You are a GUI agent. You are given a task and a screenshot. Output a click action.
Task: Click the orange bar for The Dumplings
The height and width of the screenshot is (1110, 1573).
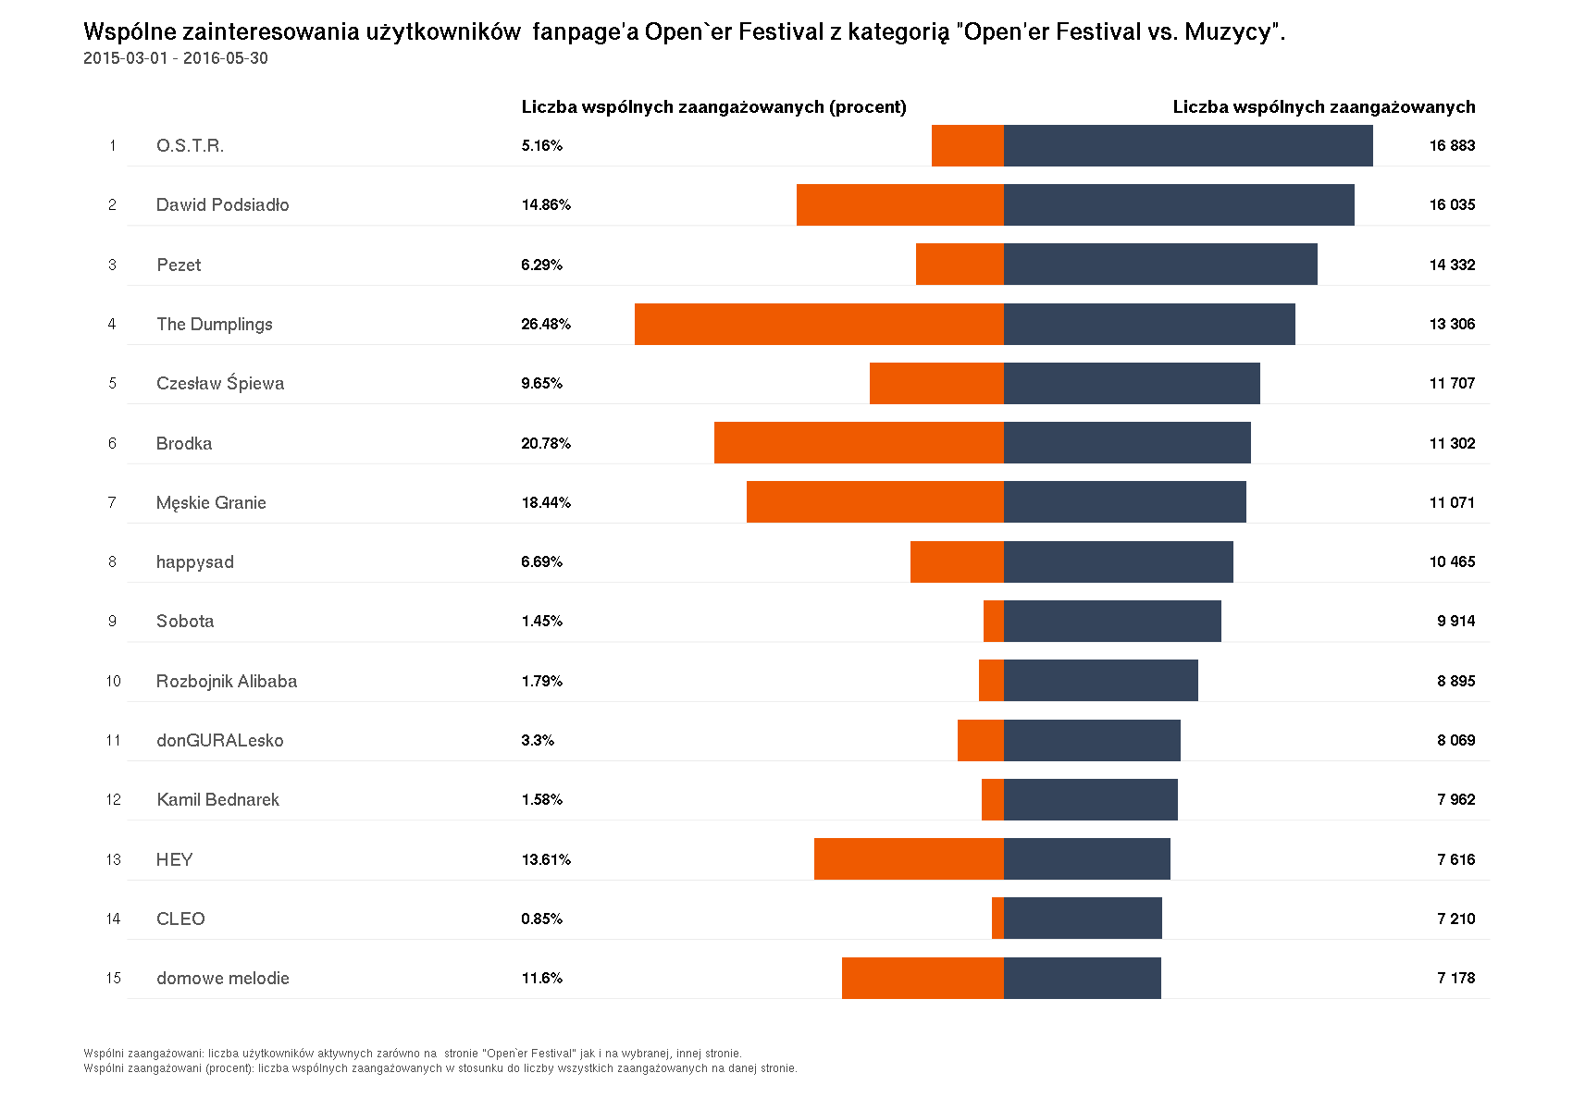(819, 324)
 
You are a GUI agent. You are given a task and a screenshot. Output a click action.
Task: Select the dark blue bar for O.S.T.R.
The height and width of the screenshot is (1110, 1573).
(1188, 146)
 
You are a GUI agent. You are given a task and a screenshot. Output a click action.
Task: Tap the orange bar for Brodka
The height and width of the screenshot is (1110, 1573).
(859, 443)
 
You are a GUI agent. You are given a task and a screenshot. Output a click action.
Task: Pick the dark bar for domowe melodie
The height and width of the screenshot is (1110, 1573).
(1083, 978)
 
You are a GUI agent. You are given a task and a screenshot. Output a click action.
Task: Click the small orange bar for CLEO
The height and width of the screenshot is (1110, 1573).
(997, 919)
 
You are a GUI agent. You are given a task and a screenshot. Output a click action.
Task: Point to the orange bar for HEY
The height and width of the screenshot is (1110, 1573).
(909, 859)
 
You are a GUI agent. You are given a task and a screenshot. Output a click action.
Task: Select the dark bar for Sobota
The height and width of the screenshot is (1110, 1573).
(1112, 622)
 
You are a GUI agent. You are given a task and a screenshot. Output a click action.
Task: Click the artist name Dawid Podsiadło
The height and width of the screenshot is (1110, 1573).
(222, 205)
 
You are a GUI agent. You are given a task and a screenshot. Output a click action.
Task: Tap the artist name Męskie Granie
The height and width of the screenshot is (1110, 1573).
(211, 503)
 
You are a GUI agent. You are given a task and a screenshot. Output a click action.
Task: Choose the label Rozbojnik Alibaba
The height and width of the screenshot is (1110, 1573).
(227, 682)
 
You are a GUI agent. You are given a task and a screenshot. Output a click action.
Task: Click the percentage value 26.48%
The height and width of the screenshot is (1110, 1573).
(546, 324)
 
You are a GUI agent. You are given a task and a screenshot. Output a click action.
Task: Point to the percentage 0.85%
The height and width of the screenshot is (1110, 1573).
(541, 919)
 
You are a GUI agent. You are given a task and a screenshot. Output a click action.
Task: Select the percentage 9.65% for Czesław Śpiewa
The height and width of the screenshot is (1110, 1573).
(541, 384)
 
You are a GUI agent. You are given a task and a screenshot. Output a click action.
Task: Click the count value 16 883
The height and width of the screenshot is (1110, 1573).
(1452, 146)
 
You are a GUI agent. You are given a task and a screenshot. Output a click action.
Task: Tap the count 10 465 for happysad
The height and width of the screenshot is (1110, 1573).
(1452, 562)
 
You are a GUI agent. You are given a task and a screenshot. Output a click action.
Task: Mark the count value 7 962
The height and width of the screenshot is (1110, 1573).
(1455, 800)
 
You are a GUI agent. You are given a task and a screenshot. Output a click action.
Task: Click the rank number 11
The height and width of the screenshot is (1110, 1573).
(113, 741)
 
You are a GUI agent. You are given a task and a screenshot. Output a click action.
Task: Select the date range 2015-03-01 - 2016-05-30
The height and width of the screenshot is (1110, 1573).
(176, 58)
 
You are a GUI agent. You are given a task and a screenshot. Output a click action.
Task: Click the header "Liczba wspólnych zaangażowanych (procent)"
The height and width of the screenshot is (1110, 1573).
(713, 107)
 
